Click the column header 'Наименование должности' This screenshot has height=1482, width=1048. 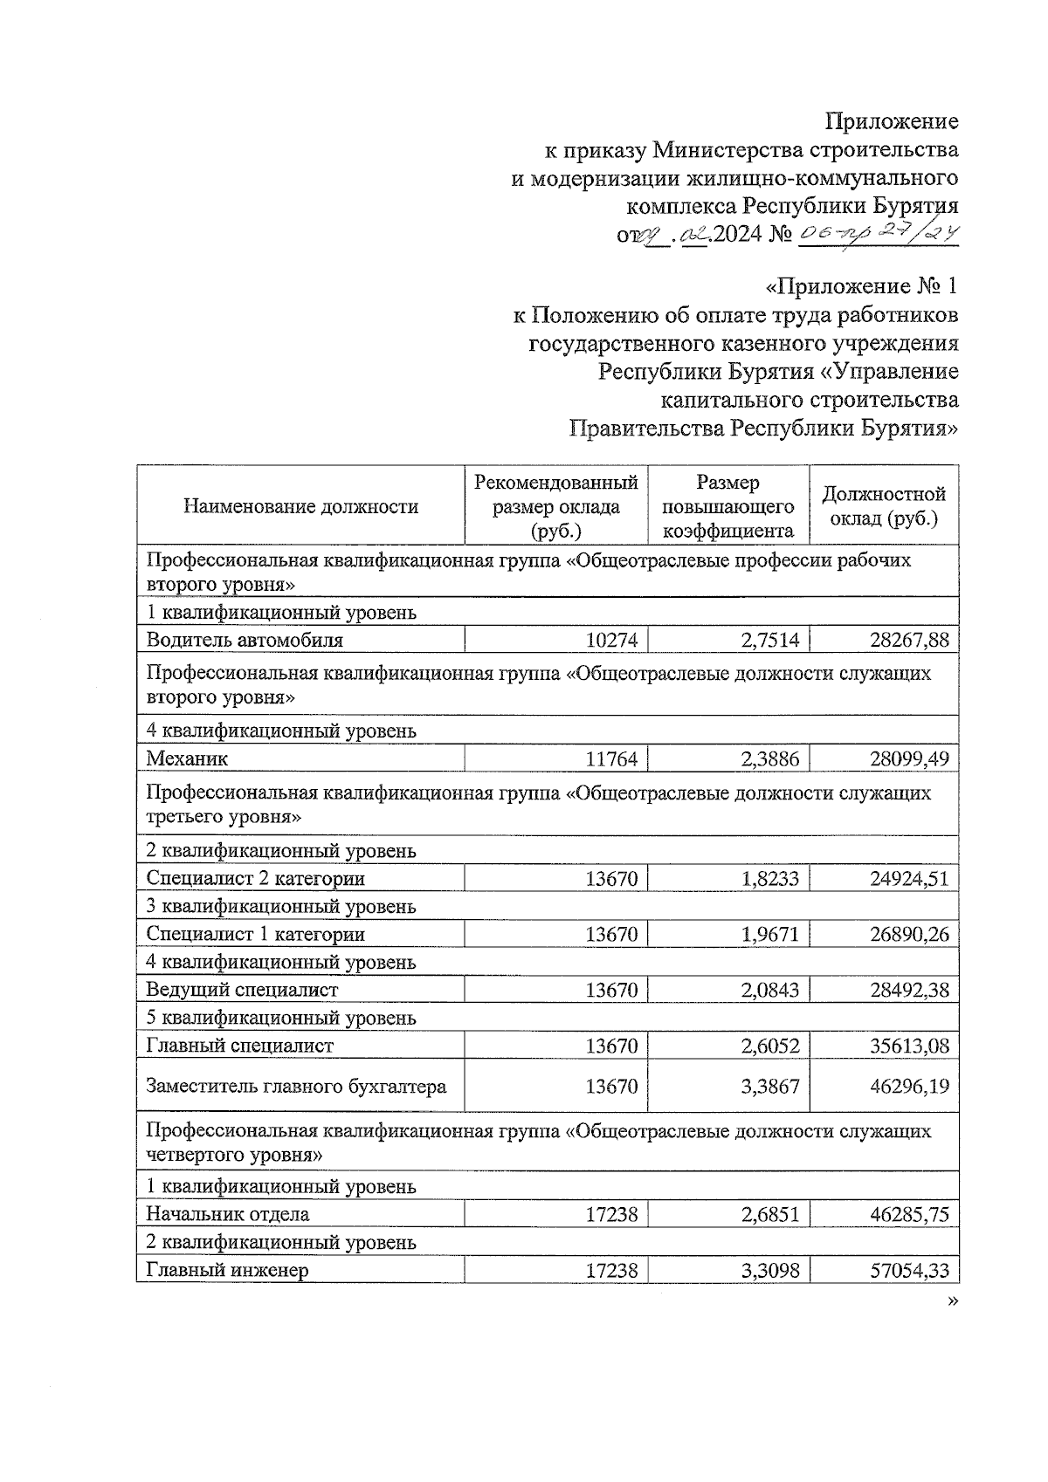300,507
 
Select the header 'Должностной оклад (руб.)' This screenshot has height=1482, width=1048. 884,506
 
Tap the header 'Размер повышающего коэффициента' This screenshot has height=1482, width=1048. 728,506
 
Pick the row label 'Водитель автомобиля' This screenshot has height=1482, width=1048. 245,640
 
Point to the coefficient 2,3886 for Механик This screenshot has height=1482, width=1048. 769,758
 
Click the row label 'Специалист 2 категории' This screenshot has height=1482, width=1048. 255,878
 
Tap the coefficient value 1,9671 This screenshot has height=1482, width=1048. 769,934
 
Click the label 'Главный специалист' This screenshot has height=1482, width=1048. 239,1046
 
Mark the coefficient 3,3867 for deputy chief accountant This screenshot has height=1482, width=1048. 769,1087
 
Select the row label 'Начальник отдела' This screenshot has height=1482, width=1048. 227,1214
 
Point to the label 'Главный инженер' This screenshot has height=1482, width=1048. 227,1270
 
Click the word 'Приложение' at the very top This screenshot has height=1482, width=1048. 892,122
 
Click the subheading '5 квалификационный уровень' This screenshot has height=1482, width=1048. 281,1018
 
